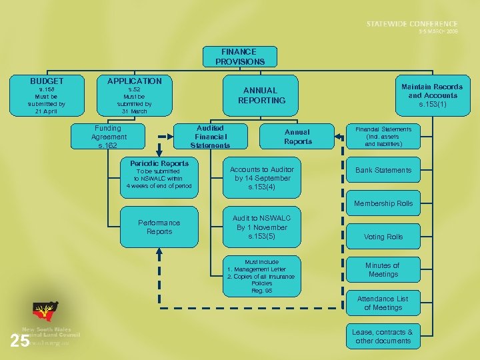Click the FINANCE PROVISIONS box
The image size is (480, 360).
pos(240,57)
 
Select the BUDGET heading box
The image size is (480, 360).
pos(47,81)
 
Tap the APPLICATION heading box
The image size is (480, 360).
pos(135,81)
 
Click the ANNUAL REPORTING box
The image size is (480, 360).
pos(264,95)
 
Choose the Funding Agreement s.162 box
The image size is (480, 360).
pos(109,137)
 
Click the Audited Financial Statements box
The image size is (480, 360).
pos(210,137)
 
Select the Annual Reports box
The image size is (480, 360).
pos(298,137)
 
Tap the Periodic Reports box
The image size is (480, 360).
pos(159,175)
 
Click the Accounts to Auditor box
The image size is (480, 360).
pos(262,178)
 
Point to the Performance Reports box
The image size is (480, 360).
pos(159,227)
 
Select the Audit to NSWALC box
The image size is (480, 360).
pos(262,227)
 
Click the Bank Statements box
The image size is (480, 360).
pos(383,170)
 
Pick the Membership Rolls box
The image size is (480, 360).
pos(383,203)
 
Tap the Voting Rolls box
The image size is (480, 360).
pos(383,237)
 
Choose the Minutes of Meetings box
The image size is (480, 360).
pos(383,270)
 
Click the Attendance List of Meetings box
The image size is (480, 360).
pos(383,303)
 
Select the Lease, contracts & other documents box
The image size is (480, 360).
pos(383,337)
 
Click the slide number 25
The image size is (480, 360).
pos(20,341)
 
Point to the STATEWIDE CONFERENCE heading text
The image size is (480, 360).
pos(412,24)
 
